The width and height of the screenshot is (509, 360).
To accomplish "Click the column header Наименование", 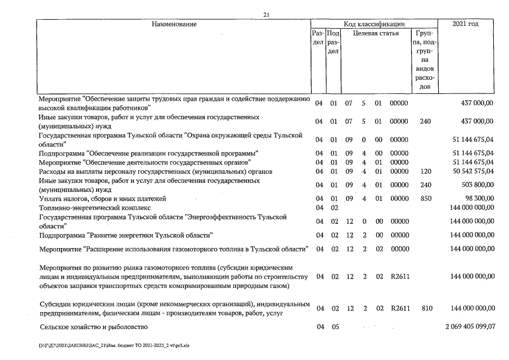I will [x=174, y=24].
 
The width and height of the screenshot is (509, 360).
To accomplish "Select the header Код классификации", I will [x=376, y=24].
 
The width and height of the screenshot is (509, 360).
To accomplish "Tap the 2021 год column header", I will [x=466, y=24].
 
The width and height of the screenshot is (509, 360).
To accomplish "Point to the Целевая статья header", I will [x=376, y=33].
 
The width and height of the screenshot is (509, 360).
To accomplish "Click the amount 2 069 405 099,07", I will [x=466, y=327].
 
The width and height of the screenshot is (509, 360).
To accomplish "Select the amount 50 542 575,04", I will [x=469, y=171].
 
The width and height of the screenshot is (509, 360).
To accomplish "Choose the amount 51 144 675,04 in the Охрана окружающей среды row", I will [x=469, y=139].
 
